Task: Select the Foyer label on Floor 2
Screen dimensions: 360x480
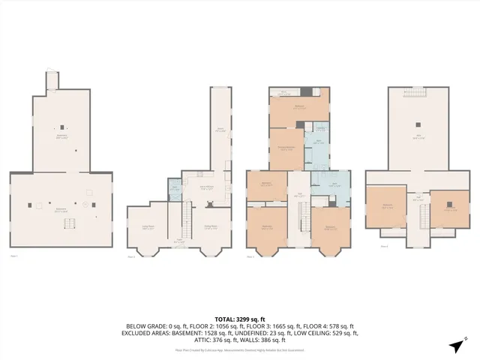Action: click(x=179, y=241)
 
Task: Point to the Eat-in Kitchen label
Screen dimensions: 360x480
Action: click(x=208, y=188)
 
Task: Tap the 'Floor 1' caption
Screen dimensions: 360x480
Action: click(x=13, y=257)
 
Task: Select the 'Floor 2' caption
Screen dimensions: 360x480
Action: click(x=131, y=257)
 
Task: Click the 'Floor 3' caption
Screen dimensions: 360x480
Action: click(x=250, y=257)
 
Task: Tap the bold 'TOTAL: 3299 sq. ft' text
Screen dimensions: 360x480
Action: click(x=240, y=319)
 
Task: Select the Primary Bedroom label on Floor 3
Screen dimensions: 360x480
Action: click(x=286, y=148)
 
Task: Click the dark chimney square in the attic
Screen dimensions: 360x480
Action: click(x=418, y=125)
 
